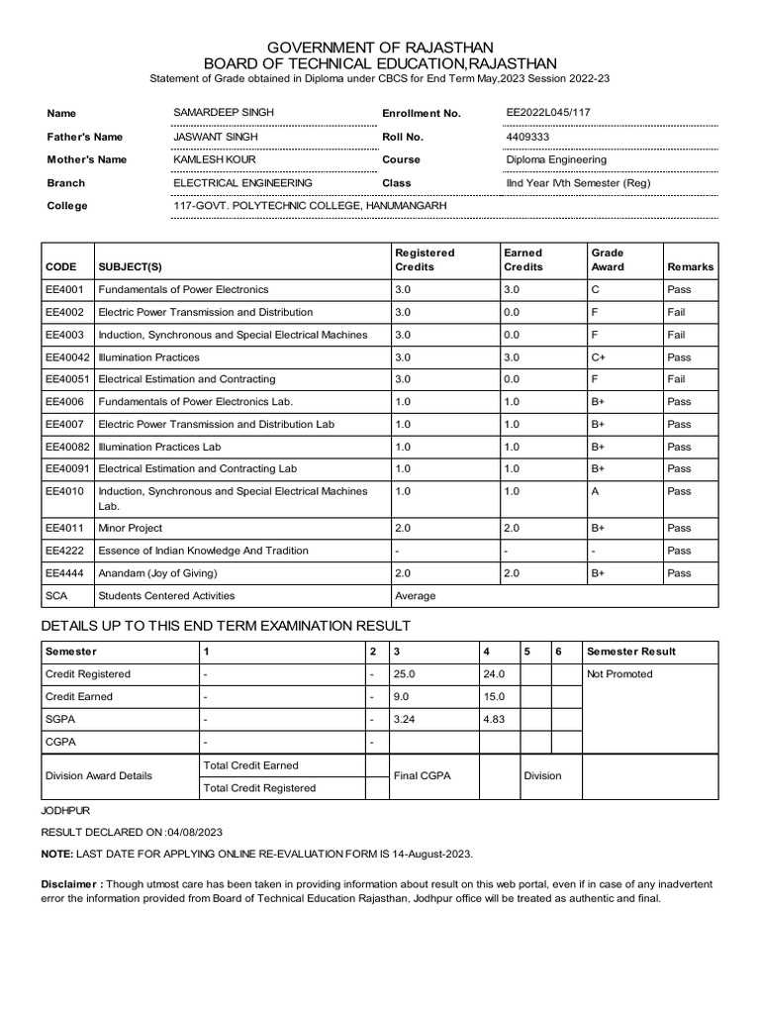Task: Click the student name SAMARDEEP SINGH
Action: pyautogui.click(x=224, y=113)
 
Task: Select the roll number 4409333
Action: pyautogui.click(x=527, y=137)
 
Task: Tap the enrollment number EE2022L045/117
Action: pyautogui.click(x=552, y=113)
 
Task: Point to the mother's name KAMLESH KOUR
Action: pyautogui.click(x=215, y=159)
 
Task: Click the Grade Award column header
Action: pyautogui.click(x=608, y=259)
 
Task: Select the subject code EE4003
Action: pyautogui.click(x=64, y=335)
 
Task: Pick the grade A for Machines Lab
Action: pyautogui.click(x=595, y=491)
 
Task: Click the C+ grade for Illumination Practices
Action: pyautogui.click(x=598, y=357)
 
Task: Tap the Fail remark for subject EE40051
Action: pyautogui.click(x=678, y=379)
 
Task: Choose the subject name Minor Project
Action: pyautogui.click(x=130, y=529)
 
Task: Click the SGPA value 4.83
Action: pyautogui.click(x=494, y=719)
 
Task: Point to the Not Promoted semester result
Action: pyautogui.click(x=619, y=674)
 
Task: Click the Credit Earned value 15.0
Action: pyautogui.click(x=494, y=696)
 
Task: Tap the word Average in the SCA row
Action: pyautogui.click(x=415, y=596)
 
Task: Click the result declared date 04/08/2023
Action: pyautogui.click(x=195, y=832)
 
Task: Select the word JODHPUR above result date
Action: pyautogui.click(x=64, y=810)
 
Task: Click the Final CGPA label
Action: pyautogui.click(x=422, y=776)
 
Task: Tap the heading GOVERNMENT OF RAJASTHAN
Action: pyautogui.click(x=380, y=48)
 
